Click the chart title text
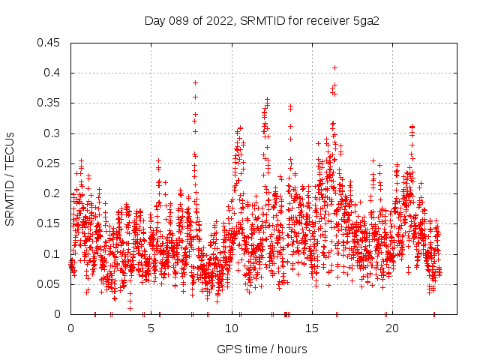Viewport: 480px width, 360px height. point(262,20)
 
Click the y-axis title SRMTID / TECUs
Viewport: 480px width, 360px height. point(10,178)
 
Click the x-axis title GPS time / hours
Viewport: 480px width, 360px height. point(262,349)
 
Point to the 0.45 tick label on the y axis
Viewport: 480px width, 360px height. point(51,43)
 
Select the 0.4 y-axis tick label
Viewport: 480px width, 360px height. point(54,73)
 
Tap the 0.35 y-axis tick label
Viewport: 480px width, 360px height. point(51,103)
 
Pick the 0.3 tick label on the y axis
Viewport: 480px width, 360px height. point(54,133)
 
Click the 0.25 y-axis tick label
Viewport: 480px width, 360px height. point(51,163)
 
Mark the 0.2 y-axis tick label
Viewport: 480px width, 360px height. point(54,193)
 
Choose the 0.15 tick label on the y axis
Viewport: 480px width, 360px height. point(51,223)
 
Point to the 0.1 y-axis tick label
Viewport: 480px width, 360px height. point(54,254)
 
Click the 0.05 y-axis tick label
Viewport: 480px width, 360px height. point(51,284)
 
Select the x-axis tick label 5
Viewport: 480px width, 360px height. point(151,328)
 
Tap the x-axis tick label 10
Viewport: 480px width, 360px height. point(232,328)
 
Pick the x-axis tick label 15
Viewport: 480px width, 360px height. point(312,328)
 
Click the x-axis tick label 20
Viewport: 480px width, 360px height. point(392,328)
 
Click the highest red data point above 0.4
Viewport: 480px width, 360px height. point(334,67)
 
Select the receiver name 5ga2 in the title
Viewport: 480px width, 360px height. point(366,20)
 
